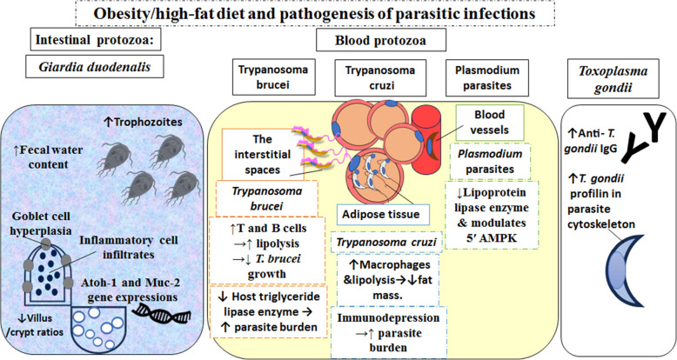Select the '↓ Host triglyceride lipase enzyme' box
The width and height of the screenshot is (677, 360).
pyautogui.click(x=267, y=310)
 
